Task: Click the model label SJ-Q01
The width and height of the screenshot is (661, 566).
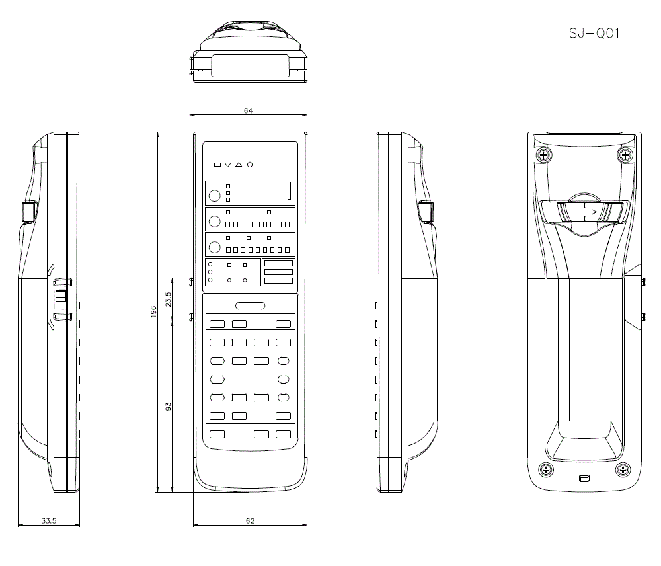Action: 594,34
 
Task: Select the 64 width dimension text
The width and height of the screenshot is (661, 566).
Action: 248,110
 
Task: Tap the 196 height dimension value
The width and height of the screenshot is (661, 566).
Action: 153,311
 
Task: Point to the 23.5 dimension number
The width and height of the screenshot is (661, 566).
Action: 168,299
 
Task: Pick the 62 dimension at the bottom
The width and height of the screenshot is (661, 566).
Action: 250,521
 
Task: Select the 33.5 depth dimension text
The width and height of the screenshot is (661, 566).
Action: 49,521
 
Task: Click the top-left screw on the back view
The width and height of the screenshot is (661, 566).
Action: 543,156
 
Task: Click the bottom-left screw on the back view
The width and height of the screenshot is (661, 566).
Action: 546,470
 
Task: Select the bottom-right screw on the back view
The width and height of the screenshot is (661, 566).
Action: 623,470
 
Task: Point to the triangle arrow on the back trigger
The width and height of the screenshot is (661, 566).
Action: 594,212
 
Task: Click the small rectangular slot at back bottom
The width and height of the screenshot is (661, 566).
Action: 584,478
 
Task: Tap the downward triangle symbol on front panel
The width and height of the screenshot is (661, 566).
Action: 227,164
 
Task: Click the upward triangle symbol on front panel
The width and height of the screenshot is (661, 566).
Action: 239,164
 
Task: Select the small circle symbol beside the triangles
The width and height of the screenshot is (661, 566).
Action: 250,164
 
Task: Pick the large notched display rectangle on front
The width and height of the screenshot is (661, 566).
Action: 274,192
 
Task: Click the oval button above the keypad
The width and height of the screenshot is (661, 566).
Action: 250,305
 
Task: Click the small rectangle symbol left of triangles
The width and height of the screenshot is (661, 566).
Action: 217,164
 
